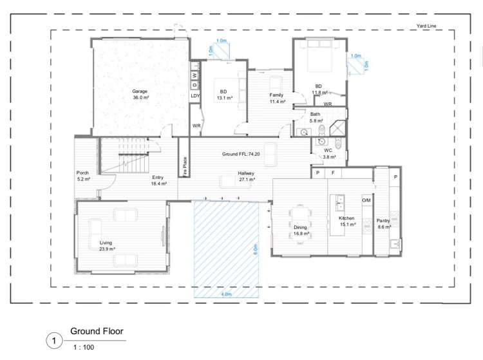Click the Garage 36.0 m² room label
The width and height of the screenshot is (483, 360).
tap(140, 94)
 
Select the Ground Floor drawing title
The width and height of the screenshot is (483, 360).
tap(97, 332)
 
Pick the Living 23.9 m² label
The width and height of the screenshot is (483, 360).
tap(107, 245)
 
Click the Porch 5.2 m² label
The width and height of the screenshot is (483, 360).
tap(83, 176)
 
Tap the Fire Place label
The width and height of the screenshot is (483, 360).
tap(185, 167)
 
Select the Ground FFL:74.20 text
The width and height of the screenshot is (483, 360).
tap(241, 155)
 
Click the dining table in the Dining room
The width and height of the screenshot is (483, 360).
tap(300, 218)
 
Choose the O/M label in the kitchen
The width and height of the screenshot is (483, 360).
tap(366, 200)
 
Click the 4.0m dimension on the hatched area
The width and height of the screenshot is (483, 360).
tap(226, 294)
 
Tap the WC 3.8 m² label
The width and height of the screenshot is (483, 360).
tap(328, 153)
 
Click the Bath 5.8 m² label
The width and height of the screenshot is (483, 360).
tap(315, 117)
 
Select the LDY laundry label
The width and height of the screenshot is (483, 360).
tap(195, 96)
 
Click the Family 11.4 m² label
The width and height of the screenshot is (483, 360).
tap(276, 98)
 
